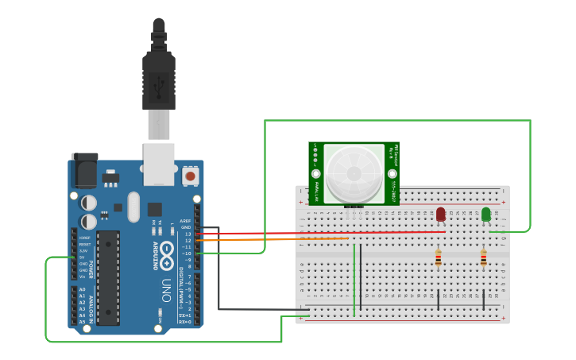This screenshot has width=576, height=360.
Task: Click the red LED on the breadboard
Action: coord(441,214)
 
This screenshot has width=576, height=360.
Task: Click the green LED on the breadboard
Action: coord(485,214)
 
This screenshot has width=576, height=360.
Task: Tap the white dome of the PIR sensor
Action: coord(354,172)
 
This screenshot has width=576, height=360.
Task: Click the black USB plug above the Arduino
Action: coord(159,75)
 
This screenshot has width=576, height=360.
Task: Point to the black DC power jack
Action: coord(84,170)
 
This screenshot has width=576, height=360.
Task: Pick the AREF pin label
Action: coord(185,221)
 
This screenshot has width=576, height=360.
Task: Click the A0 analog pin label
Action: coord(82,289)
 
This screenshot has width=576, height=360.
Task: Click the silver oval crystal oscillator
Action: coord(133,207)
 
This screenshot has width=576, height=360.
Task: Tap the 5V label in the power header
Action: coord(83,257)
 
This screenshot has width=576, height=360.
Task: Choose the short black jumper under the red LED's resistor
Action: coord(439,300)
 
